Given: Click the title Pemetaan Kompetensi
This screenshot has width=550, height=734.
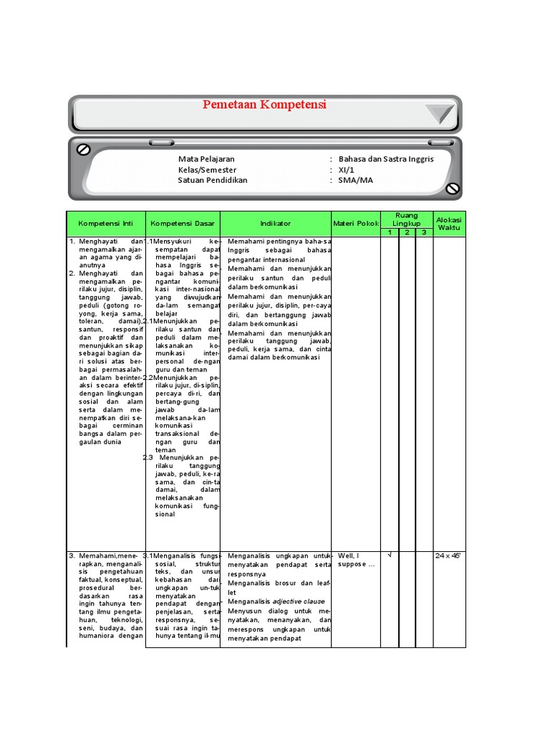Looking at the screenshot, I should [264, 105].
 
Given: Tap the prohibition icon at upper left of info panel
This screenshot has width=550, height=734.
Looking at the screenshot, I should [83, 149].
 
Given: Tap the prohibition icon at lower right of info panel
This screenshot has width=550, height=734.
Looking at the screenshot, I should [452, 189].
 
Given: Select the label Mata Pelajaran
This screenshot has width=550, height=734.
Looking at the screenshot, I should [206, 159].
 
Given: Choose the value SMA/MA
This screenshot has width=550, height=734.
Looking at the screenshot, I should [356, 181].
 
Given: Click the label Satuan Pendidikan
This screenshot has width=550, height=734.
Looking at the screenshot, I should [213, 181].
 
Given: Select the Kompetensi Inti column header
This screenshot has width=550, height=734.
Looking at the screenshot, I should [106, 224].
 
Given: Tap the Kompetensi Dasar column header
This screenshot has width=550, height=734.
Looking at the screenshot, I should [183, 224].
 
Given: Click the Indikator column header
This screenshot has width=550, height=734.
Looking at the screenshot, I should [276, 224].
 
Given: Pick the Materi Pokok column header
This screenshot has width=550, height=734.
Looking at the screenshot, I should [355, 224].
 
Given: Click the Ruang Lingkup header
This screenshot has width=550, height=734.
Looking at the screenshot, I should [407, 219].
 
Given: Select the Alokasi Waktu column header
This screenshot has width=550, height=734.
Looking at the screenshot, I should [449, 224].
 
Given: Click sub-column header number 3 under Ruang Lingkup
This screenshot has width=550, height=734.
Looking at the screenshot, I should [423, 232].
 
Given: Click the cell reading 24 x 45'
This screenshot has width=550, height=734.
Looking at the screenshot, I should [449, 556].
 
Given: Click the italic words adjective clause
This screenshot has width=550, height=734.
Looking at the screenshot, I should [298, 601].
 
